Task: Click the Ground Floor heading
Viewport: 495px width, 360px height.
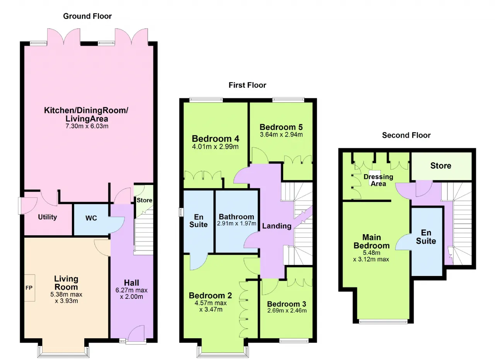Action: pos(87,16)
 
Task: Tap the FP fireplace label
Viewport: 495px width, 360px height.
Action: pos(29,288)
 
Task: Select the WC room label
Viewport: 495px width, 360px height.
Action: pos(91,218)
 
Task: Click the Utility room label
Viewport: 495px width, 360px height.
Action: pos(47,217)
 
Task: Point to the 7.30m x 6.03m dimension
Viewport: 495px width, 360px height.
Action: pos(87,126)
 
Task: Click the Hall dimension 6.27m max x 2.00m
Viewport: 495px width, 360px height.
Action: pos(131,293)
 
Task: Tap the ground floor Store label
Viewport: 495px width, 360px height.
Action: pos(144,200)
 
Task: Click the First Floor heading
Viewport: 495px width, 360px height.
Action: pos(247,85)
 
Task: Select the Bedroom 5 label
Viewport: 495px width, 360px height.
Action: pos(281,127)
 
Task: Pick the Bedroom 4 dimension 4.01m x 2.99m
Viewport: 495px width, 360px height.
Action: pos(215,147)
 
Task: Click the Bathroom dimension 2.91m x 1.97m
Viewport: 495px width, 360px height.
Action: pos(236,224)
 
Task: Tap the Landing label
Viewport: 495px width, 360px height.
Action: pos(277,226)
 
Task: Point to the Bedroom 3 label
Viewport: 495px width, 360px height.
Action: pos(287,304)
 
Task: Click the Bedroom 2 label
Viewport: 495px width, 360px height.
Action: pos(210,295)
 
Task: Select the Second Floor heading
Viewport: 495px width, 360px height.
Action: pos(406,135)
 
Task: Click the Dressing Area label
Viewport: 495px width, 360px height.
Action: pos(378,180)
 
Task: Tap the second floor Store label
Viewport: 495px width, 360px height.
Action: pos(440,166)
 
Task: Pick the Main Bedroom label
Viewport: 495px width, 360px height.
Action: pos(372,242)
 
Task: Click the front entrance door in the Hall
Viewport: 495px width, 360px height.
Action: pos(136,334)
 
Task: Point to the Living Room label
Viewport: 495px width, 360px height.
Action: pos(66,283)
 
